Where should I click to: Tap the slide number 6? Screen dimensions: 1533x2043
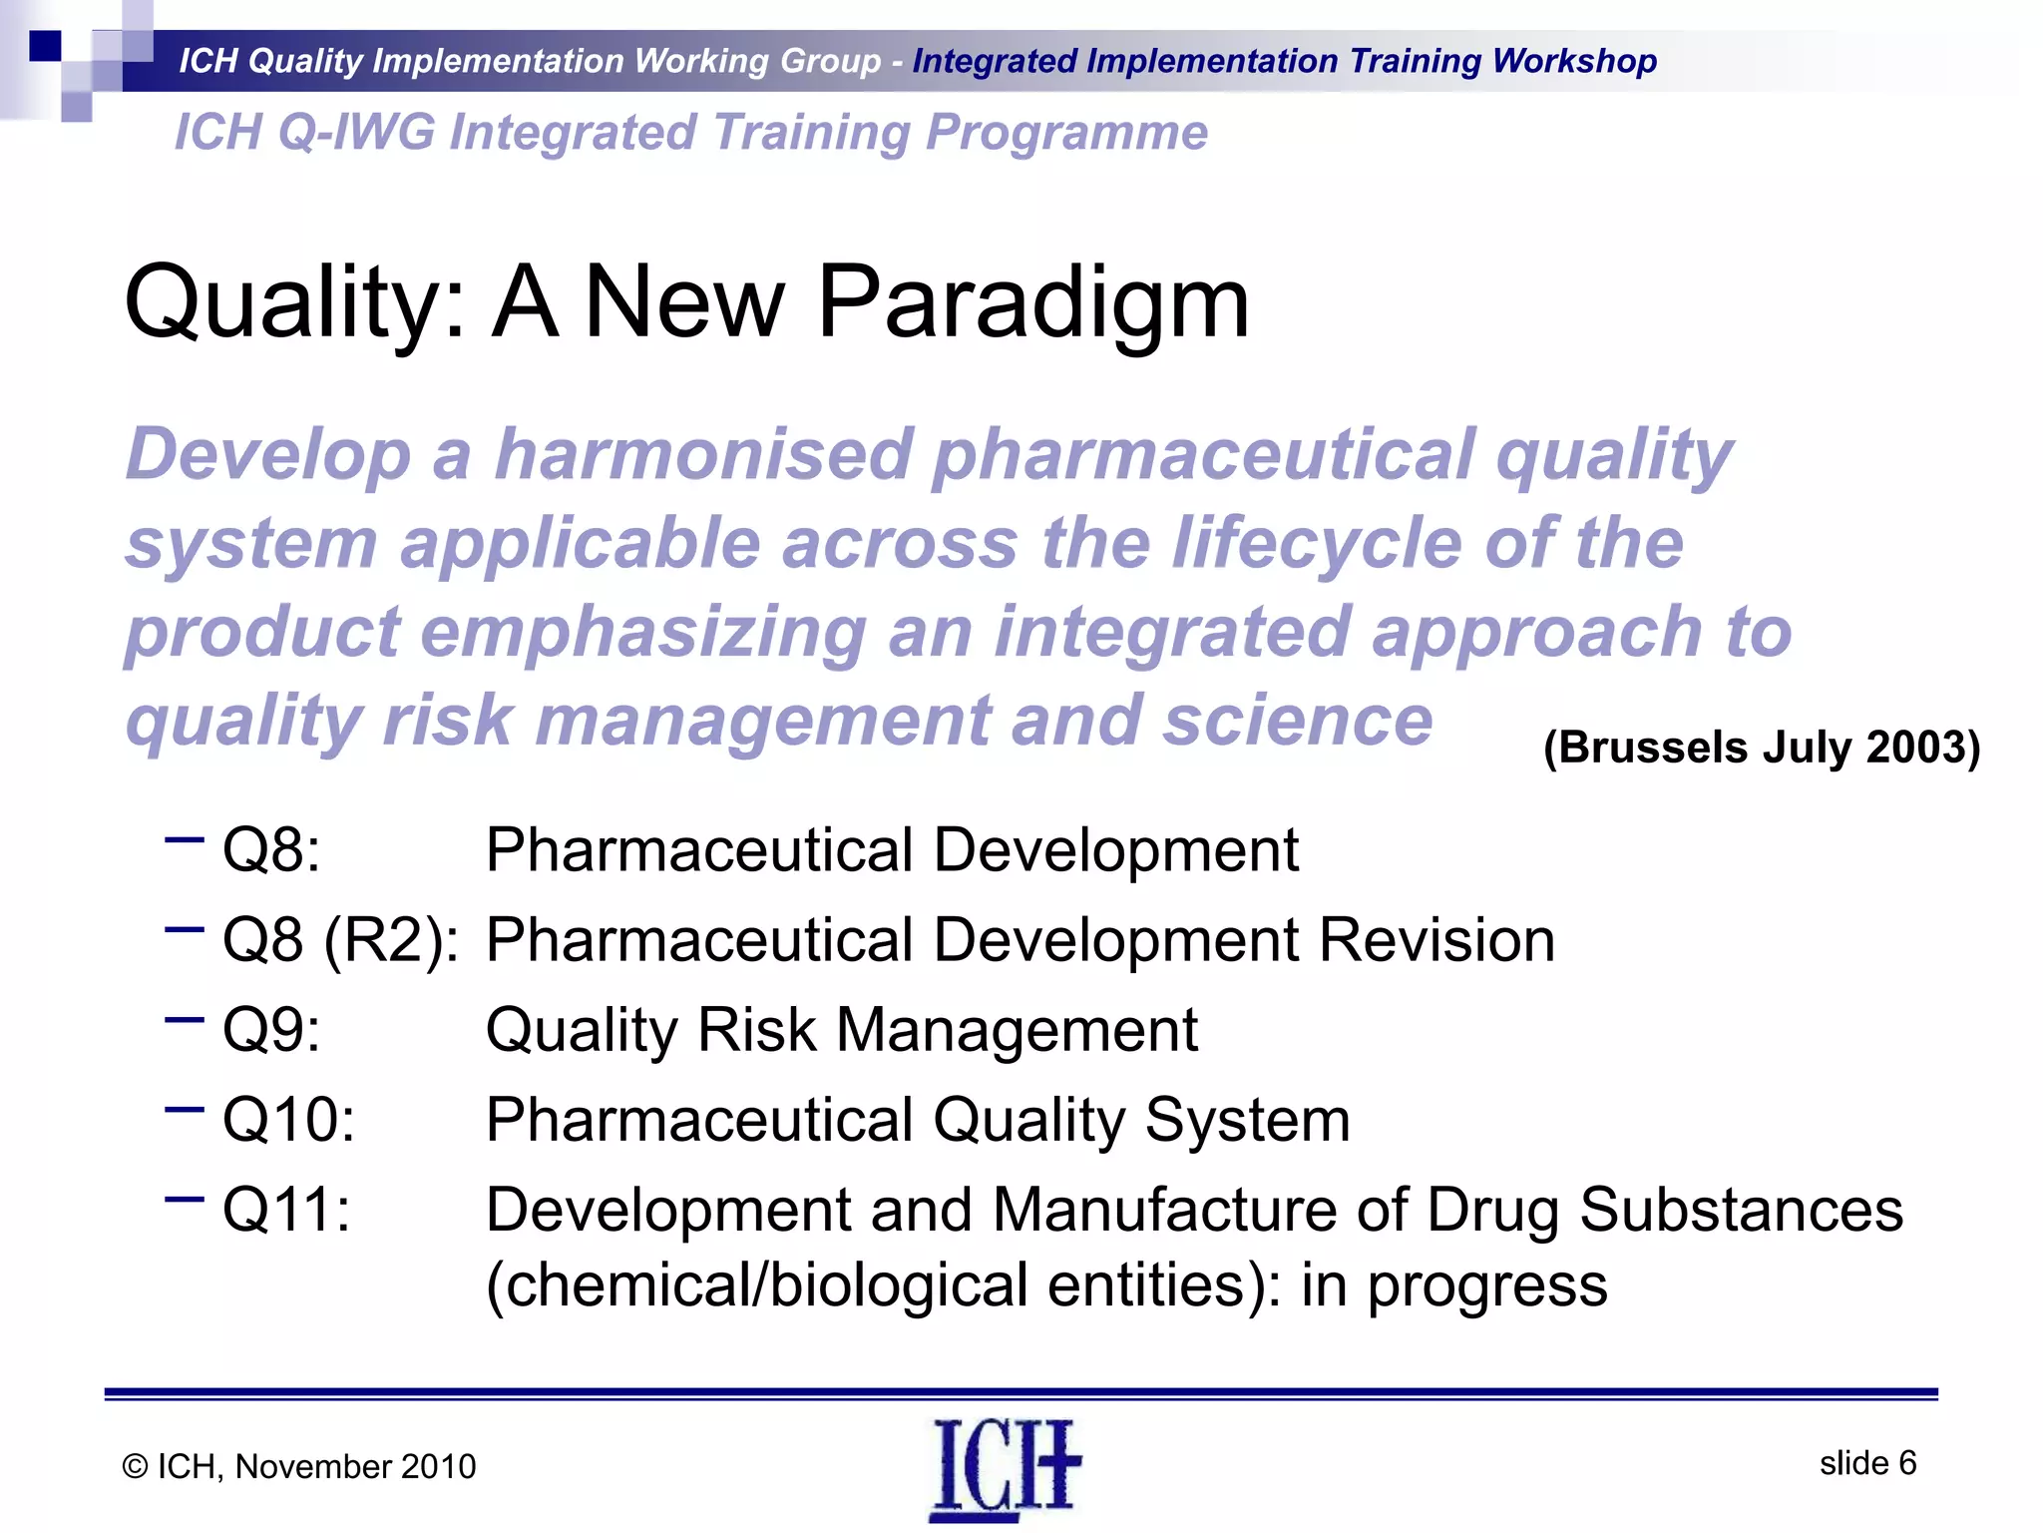point(1906,1462)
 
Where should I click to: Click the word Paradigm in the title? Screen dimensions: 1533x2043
point(1032,302)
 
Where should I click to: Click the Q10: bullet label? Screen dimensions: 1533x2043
point(288,1119)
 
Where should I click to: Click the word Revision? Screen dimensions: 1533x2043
point(1436,940)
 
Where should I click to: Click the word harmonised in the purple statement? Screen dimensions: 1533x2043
point(703,455)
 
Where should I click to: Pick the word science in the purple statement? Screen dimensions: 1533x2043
point(1297,721)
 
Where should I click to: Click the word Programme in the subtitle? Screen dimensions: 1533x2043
point(1066,133)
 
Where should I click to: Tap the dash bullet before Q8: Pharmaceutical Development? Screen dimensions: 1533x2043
point(184,840)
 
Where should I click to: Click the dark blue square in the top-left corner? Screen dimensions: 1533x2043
point(45,46)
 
